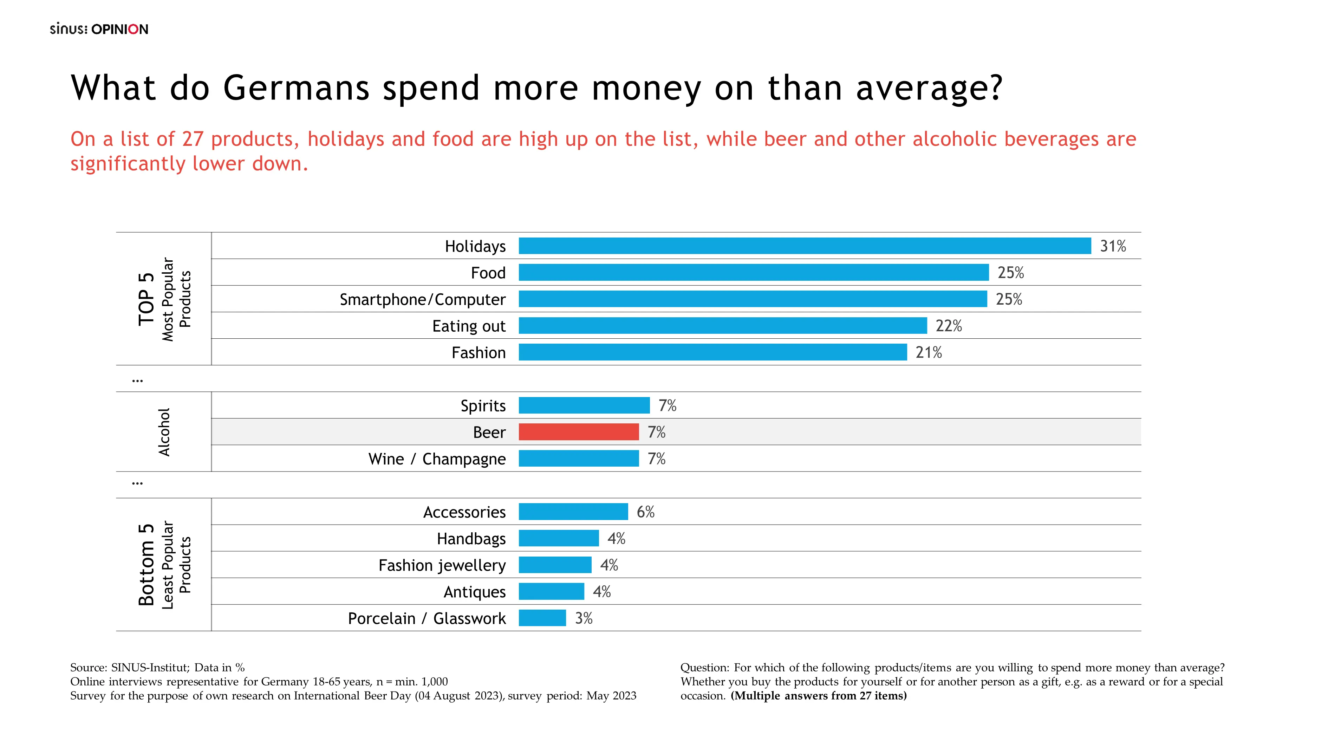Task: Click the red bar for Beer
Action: click(578, 432)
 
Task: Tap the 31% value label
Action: click(1113, 246)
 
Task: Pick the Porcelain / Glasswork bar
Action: click(542, 618)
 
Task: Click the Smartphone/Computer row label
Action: click(422, 299)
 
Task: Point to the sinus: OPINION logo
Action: click(99, 29)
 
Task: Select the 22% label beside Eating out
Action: click(949, 326)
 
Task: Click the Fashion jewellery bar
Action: click(555, 565)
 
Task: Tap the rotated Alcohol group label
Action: click(164, 432)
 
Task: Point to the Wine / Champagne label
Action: click(437, 459)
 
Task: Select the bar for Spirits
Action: click(584, 405)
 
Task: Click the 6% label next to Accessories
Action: click(645, 512)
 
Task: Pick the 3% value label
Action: click(584, 618)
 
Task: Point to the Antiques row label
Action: click(474, 592)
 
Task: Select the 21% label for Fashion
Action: click(929, 353)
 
